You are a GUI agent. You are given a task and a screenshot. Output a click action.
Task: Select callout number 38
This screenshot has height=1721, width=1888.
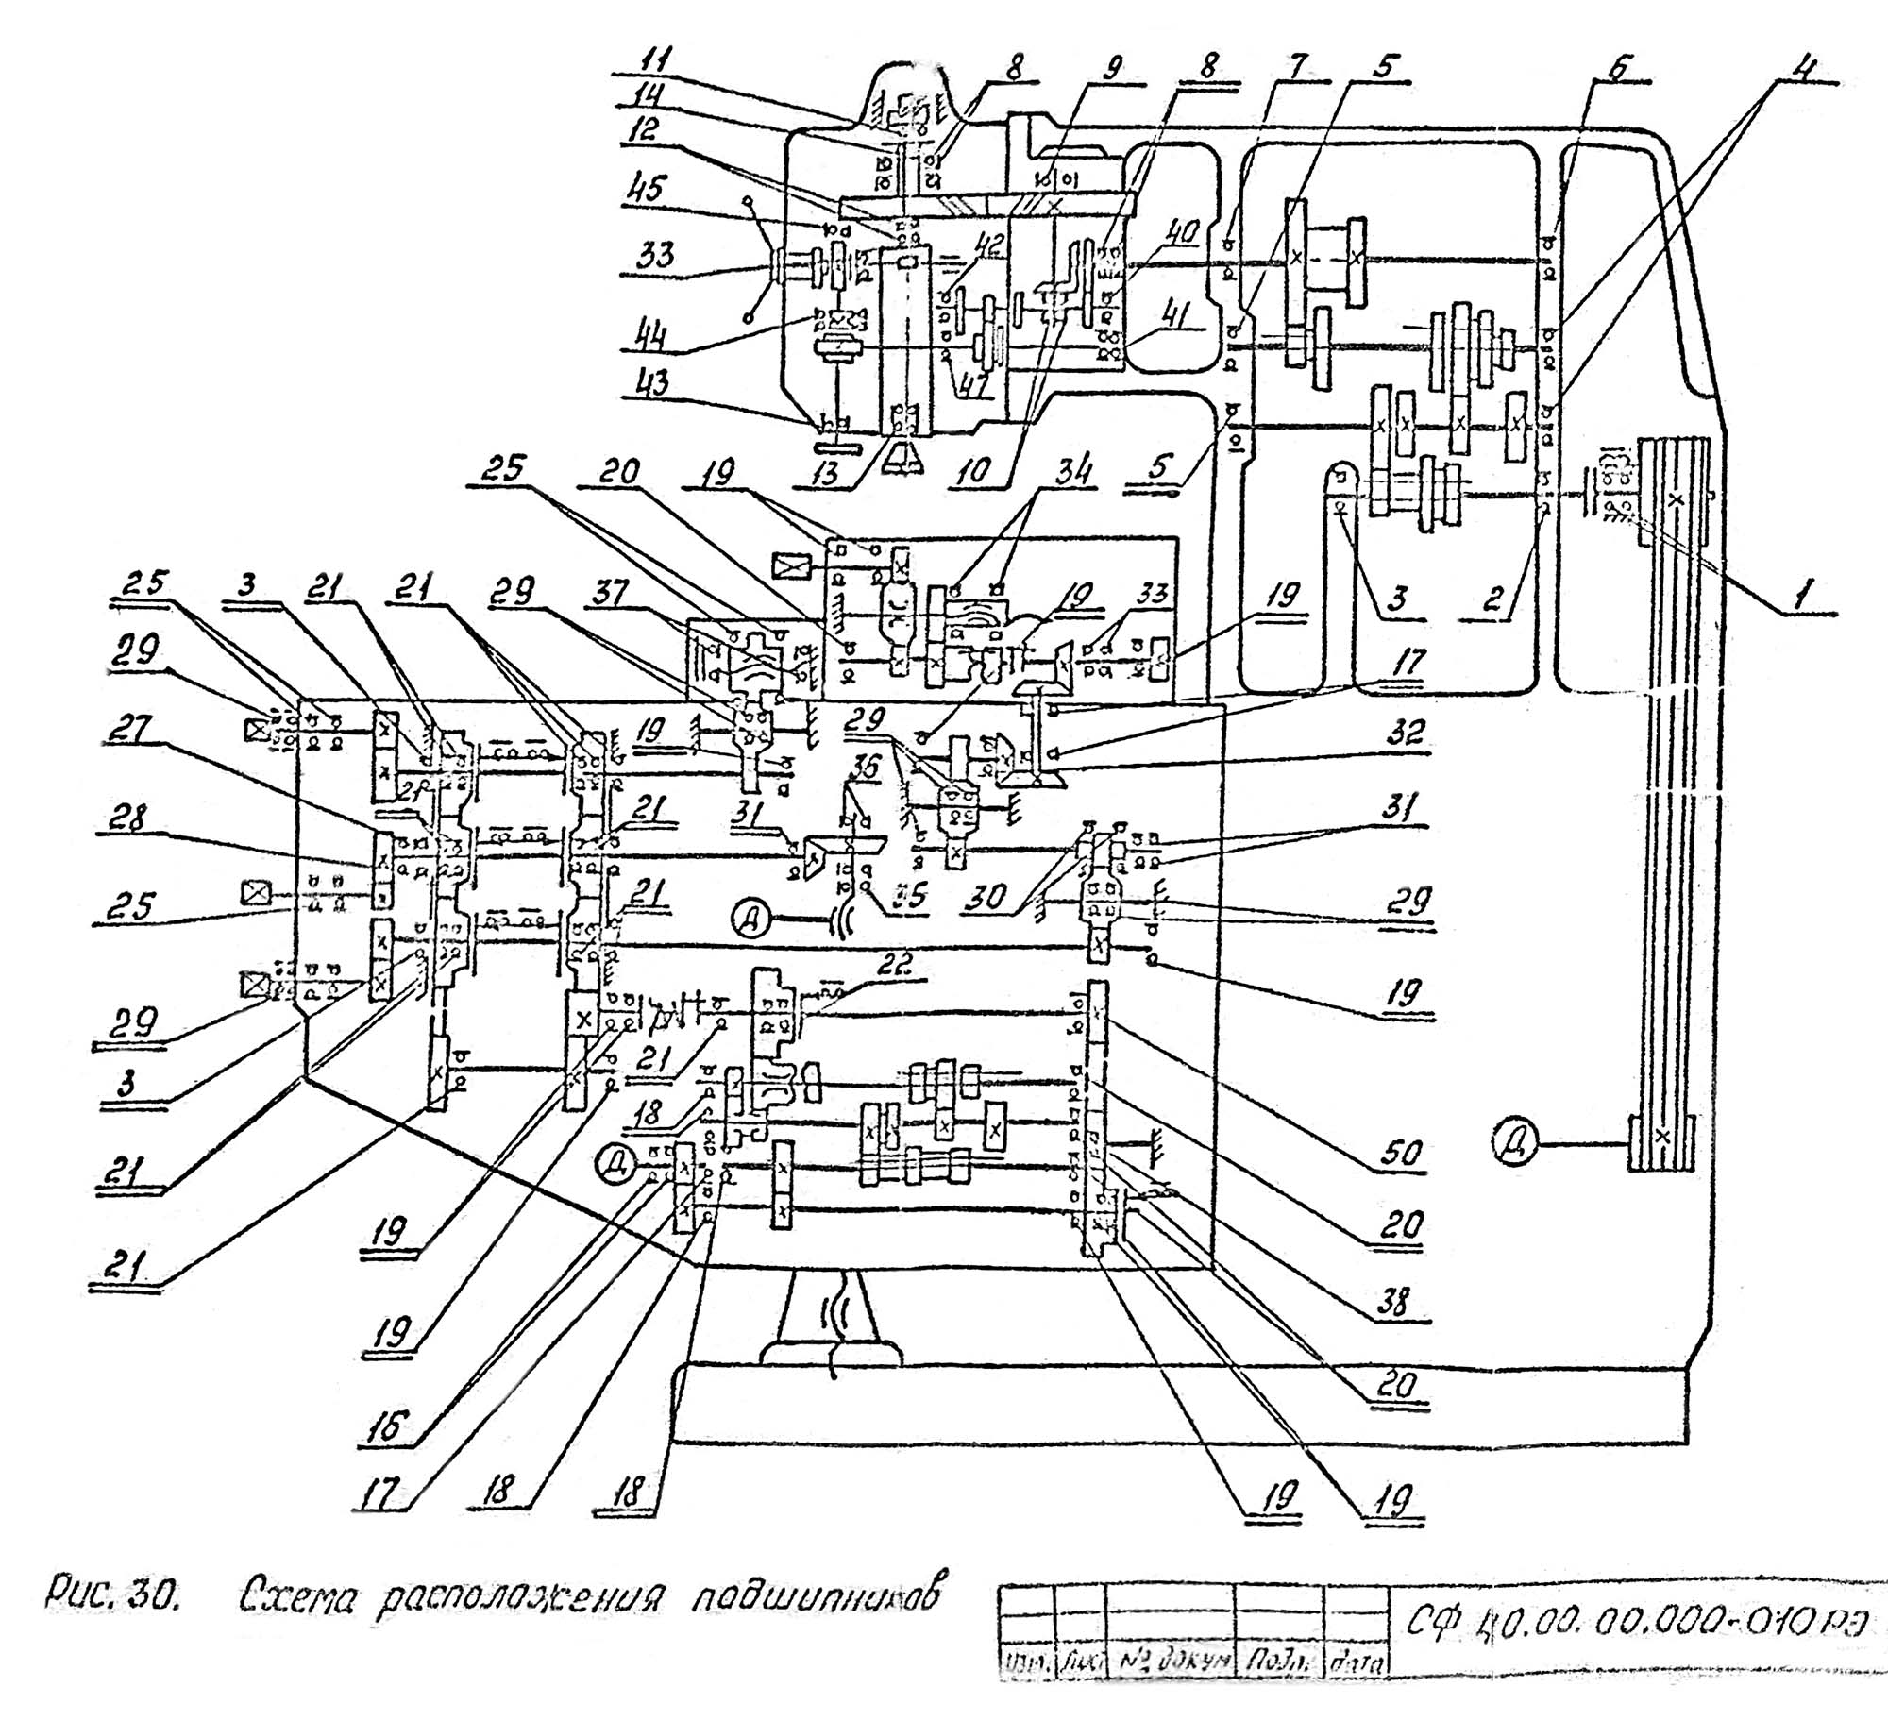click(1395, 1302)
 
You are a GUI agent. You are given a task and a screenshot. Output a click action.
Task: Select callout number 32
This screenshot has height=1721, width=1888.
click(1405, 734)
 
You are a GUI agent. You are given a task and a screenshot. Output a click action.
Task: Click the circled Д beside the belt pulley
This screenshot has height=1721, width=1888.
click(1517, 1144)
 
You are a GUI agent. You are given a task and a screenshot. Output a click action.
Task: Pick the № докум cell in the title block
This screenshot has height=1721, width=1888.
click(1168, 1659)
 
